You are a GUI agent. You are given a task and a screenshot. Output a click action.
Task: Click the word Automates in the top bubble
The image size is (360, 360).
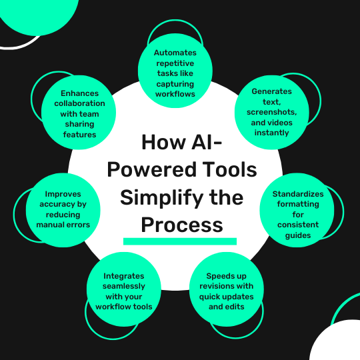point(175,53)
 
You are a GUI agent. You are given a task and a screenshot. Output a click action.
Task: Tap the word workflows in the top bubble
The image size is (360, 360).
point(175,94)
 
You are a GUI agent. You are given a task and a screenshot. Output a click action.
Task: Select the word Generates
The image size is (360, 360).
point(271,91)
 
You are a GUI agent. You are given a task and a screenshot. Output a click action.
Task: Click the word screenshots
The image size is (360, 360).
point(271,112)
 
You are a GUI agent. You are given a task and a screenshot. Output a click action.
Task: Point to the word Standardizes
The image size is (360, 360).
point(298,194)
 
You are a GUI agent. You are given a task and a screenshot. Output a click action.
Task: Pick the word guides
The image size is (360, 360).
point(298,235)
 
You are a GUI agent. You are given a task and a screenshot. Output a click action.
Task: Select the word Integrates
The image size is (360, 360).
point(124,276)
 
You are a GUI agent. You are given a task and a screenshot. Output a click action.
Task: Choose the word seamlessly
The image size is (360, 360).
point(124,286)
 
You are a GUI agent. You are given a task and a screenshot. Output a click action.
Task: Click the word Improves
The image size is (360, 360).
point(63,194)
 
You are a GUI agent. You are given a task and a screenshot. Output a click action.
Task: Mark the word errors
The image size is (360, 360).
point(79,225)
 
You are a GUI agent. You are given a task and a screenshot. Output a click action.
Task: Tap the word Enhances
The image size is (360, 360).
point(79,93)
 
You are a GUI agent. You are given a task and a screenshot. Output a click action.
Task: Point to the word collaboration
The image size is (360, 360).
point(79,103)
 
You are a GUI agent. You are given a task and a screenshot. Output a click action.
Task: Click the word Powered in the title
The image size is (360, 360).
point(151,170)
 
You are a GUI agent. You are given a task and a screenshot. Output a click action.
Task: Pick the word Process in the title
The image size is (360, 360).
point(182,225)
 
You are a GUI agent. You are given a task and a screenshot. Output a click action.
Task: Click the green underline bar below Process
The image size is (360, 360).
point(180,241)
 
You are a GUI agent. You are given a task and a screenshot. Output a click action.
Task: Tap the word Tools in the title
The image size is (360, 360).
point(229,169)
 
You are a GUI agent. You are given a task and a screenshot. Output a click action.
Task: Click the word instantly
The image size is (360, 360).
point(271,133)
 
